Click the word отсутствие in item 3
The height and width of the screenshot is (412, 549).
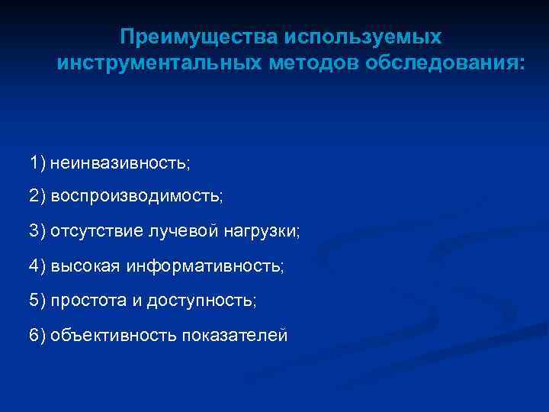click(x=91, y=231)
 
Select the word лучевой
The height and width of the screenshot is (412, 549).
click(x=174, y=231)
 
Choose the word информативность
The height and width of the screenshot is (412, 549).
click(x=204, y=266)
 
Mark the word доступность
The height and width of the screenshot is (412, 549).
click(x=201, y=300)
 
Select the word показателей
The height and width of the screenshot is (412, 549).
click(x=235, y=335)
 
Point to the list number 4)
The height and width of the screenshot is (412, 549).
click(x=38, y=266)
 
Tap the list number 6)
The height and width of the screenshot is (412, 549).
click(x=38, y=335)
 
